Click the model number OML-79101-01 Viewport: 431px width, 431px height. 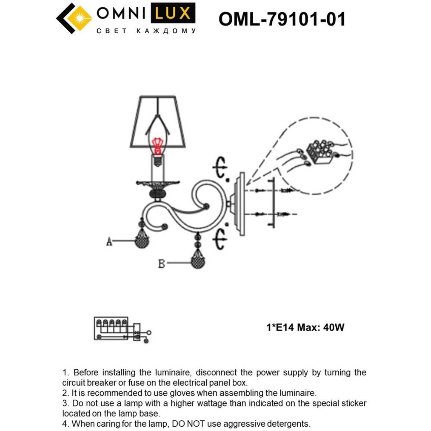coord(282,19)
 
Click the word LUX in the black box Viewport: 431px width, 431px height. coord(173,13)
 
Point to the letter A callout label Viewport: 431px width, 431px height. coord(109,241)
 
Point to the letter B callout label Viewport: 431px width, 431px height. coord(162,264)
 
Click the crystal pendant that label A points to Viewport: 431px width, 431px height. coord(142,241)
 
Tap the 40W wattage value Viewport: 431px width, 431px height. coord(334,327)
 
